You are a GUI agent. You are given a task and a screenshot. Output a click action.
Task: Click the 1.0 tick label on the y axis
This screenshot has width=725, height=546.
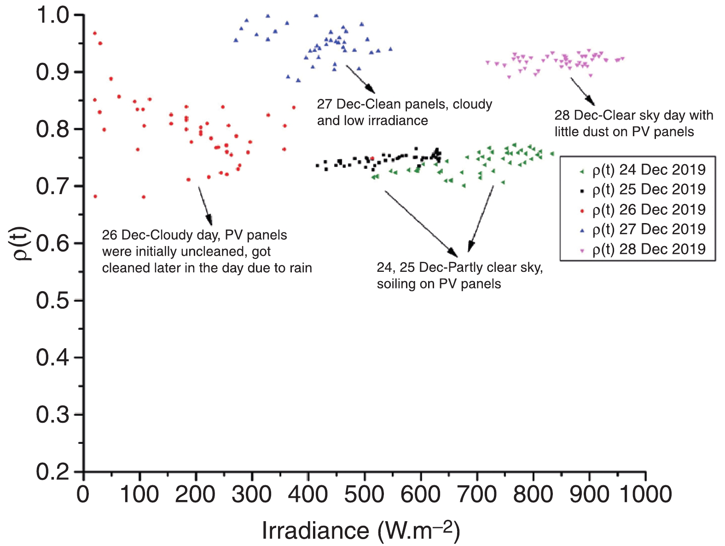(53, 15)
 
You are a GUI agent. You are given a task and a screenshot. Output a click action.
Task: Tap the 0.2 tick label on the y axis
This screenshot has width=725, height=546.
(53, 471)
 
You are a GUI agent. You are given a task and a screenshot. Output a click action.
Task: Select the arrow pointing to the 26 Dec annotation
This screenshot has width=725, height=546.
(205, 206)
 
